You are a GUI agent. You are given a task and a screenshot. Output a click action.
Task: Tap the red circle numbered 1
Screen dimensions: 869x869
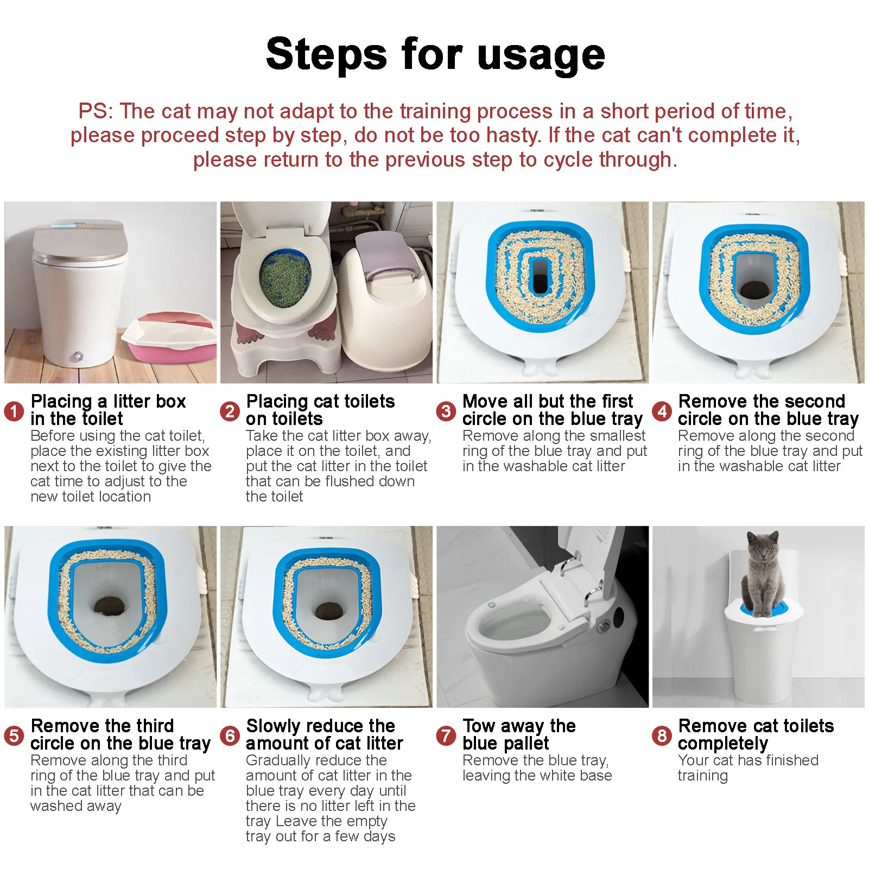14,411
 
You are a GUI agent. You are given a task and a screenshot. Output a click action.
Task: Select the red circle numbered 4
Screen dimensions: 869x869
662,411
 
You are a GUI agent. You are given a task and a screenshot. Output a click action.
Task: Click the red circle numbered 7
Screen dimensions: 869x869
446,735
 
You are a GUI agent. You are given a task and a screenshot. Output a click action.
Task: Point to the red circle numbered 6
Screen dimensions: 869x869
230,735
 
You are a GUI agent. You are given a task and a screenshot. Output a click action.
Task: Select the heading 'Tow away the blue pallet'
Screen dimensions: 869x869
519,734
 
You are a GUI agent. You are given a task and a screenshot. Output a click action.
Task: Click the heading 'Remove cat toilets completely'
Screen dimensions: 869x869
756,734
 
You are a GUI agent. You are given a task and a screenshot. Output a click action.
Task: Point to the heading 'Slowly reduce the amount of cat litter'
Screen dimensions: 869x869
324,734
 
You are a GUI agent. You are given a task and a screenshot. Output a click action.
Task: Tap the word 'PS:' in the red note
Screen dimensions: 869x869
96,111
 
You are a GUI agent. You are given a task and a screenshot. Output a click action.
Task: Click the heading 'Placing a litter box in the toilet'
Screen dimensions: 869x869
108,410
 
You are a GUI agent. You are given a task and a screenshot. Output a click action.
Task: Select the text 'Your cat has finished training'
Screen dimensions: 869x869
748,768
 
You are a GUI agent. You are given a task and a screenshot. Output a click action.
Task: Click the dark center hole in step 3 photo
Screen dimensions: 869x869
541,281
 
